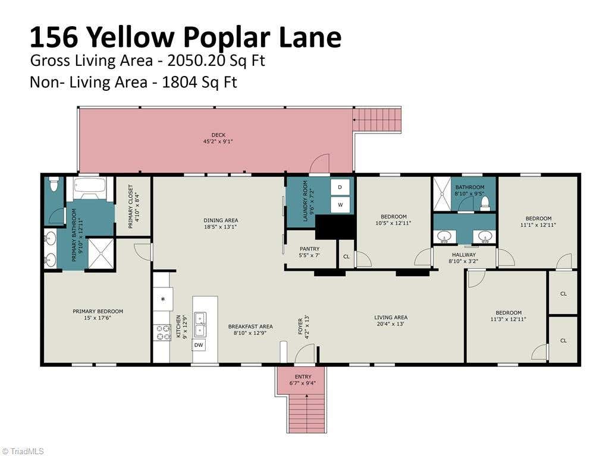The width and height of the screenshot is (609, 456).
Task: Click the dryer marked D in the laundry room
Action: (x=340, y=187)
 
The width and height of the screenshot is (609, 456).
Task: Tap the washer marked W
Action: (x=340, y=205)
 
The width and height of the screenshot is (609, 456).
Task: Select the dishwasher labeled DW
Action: (x=199, y=345)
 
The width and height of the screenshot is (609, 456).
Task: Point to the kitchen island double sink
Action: (x=200, y=324)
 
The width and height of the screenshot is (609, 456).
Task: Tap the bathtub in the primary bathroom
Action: (x=90, y=188)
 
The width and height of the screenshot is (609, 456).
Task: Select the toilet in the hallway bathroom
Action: (x=485, y=204)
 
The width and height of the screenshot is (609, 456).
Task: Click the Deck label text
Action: (x=218, y=135)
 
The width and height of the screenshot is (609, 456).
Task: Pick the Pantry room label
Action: (x=309, y=249)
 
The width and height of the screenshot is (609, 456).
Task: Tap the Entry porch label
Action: (x=303, y=376)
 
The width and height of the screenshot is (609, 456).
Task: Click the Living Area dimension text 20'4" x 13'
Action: (x=391, y=324)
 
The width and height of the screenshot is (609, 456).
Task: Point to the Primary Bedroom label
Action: (x=98, y=311)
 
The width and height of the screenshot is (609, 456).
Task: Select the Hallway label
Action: (x=464, y=255)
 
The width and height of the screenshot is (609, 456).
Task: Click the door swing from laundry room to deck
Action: (x=319, y=163)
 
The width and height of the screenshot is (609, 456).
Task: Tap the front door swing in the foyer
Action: (x=304, y=354)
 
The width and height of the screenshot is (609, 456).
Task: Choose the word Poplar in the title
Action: (x=227, y=37)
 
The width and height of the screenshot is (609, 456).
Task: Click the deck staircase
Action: (x=376, y=120)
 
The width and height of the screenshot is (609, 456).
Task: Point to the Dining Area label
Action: (x=221, y=220)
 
